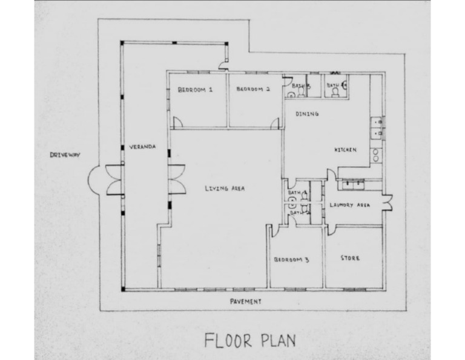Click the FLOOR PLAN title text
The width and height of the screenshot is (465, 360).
tap(250, 339)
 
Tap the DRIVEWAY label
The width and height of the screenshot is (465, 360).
tap(65, 155)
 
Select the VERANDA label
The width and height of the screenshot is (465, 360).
tap(143, 147)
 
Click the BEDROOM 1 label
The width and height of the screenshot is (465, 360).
tap(195, 90)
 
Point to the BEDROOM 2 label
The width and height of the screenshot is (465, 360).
tap(252, 90)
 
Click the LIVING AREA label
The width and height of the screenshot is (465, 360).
tap(224, 188)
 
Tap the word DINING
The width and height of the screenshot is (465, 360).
tap(307, 114)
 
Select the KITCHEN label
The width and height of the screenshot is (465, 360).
tap(345, 149)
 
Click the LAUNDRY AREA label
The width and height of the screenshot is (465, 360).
tap(349, 205)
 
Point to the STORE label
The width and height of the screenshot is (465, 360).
tap(350, 258)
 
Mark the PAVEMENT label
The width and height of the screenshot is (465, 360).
tap(246, 301)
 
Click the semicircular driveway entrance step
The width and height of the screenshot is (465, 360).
tap(97, 179)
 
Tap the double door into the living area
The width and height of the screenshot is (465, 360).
tap(177, 179)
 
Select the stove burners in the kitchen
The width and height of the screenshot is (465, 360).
tap(376, 155)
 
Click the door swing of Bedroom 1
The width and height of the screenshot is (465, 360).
tap(177, 122)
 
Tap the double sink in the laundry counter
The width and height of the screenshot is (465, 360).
tap(352, 183)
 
